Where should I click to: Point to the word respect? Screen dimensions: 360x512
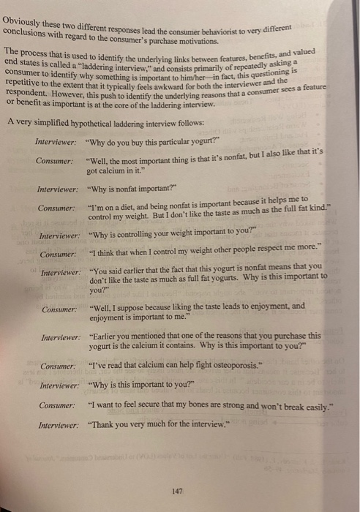coord(277,253)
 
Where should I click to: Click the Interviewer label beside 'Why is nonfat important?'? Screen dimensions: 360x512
coord(59,189)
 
